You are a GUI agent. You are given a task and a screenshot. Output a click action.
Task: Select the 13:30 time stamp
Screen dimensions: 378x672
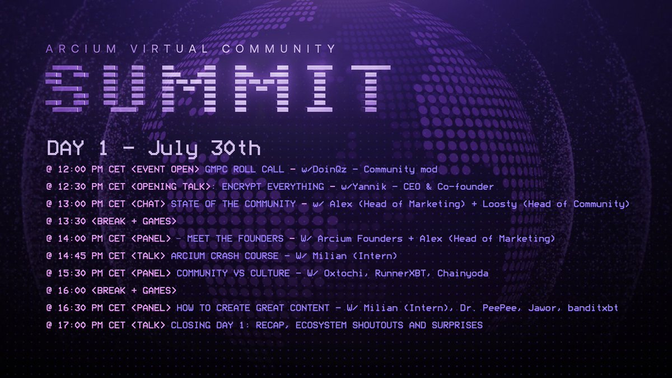(x=70, y=221)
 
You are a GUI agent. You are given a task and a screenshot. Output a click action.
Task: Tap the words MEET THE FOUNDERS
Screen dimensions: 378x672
(x=235, y=239)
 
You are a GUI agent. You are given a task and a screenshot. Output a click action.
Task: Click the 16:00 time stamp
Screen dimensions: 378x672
(x=70, y=291)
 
